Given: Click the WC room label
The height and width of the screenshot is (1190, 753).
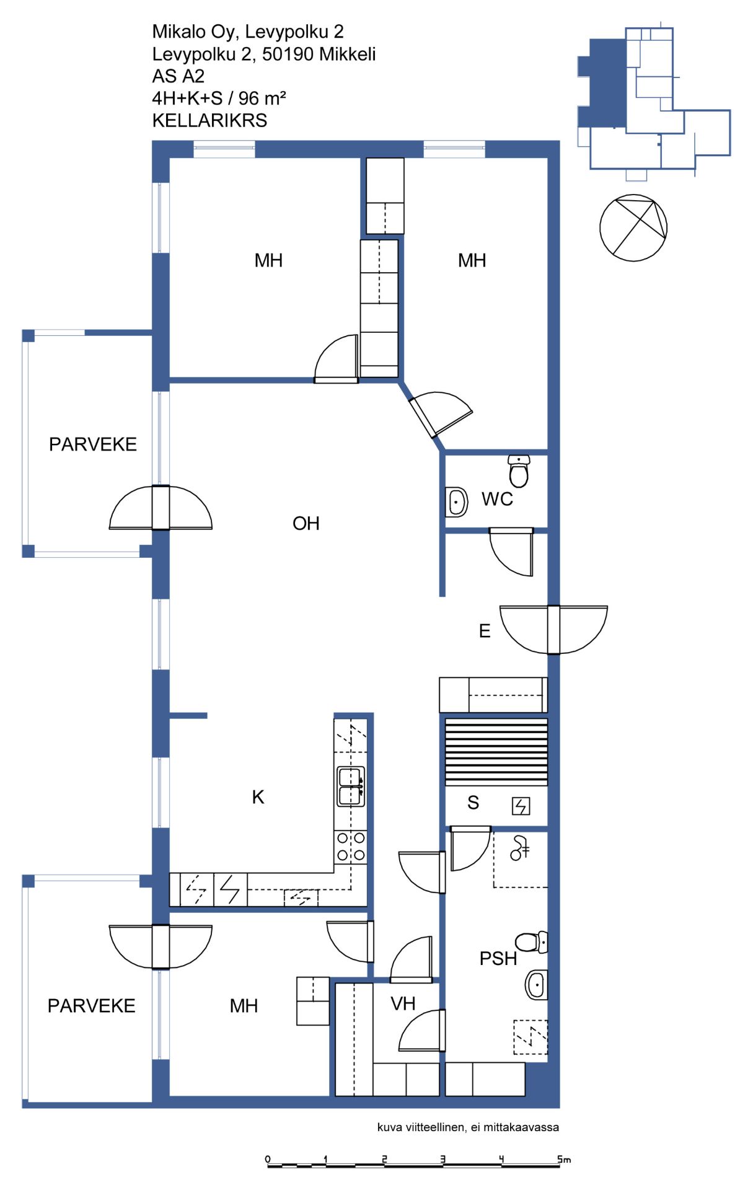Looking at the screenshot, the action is click(497, 499).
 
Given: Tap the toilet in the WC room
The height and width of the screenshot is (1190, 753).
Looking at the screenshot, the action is click(519, 471).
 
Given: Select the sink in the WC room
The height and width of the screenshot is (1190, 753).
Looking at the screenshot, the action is click(457, 501).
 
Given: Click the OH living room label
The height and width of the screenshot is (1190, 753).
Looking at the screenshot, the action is click(306, 524).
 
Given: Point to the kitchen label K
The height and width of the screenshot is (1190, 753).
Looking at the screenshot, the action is click(258, 797).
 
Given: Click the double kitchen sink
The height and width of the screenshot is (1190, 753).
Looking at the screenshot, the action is click(350, 787).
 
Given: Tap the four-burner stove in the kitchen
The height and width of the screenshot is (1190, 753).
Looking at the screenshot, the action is click(351, 847).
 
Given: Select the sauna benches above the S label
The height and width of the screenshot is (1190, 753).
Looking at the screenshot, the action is click(496, 752).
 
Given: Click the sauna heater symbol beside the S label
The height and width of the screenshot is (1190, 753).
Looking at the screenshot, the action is click(521, 806).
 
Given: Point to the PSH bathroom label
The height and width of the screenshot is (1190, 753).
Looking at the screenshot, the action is click(498, 959).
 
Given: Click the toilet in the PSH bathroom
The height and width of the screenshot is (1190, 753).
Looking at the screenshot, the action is click(531, 942).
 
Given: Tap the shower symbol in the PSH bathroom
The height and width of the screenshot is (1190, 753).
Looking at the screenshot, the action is click(519, 848).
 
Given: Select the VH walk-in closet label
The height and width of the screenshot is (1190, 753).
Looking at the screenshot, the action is click(403, 1003).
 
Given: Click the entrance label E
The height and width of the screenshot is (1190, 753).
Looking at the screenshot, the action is click(485, 631).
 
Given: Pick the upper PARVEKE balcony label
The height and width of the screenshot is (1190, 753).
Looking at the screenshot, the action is click(93, 444).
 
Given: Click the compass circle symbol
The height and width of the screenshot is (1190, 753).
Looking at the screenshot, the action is click(633, 228).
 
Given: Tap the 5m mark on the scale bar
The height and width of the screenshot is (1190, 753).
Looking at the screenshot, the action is click(563, 1159).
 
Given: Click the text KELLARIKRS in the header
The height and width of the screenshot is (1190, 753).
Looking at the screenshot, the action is click(209, 120).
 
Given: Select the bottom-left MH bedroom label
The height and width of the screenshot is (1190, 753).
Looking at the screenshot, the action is click(244, 1006).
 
